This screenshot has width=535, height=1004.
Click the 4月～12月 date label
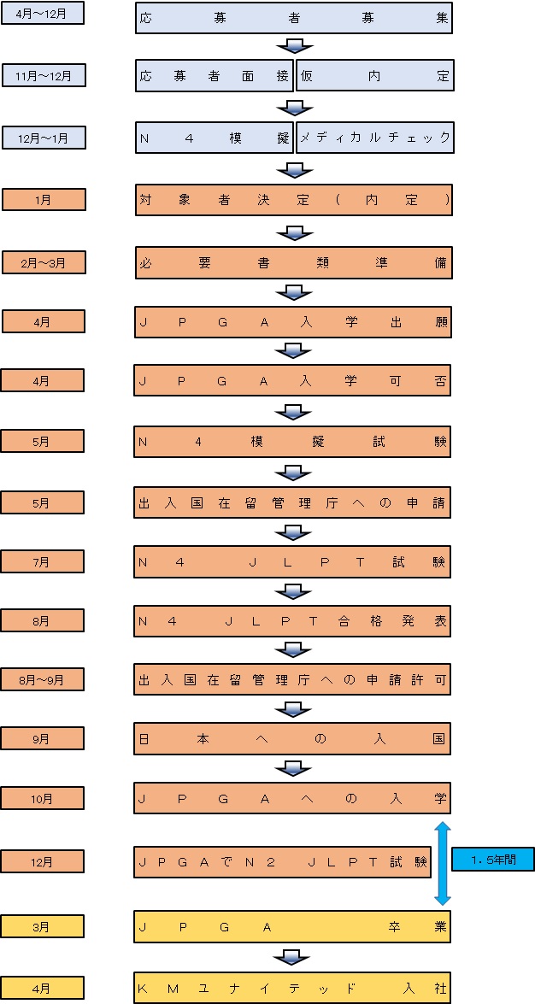pos(42,13)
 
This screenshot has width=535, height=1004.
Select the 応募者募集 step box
pos(294,18)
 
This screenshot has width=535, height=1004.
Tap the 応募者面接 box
pos(214,75)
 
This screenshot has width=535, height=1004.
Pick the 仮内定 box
pos(375,75)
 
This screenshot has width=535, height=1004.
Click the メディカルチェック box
pos(375,138)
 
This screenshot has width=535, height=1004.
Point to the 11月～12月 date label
pos(44,76)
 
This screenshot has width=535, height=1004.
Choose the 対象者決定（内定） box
pos(294,200)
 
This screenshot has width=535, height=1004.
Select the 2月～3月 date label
pos(44,261)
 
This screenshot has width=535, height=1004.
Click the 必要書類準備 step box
pos(294,262)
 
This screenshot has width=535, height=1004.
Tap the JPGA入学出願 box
pos(293,322)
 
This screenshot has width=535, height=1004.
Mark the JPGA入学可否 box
pos(293,382)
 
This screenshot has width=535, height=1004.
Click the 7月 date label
pos(42,561)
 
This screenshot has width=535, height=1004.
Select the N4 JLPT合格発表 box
pos(292,621)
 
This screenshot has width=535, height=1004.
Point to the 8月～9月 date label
pos(42,679)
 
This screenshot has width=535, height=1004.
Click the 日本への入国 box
pos(292,739)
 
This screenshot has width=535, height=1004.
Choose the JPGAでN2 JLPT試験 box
pos(283,862)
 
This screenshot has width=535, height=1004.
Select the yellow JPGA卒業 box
pos(292,926)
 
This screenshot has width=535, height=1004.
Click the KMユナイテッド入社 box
pos(292,988)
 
